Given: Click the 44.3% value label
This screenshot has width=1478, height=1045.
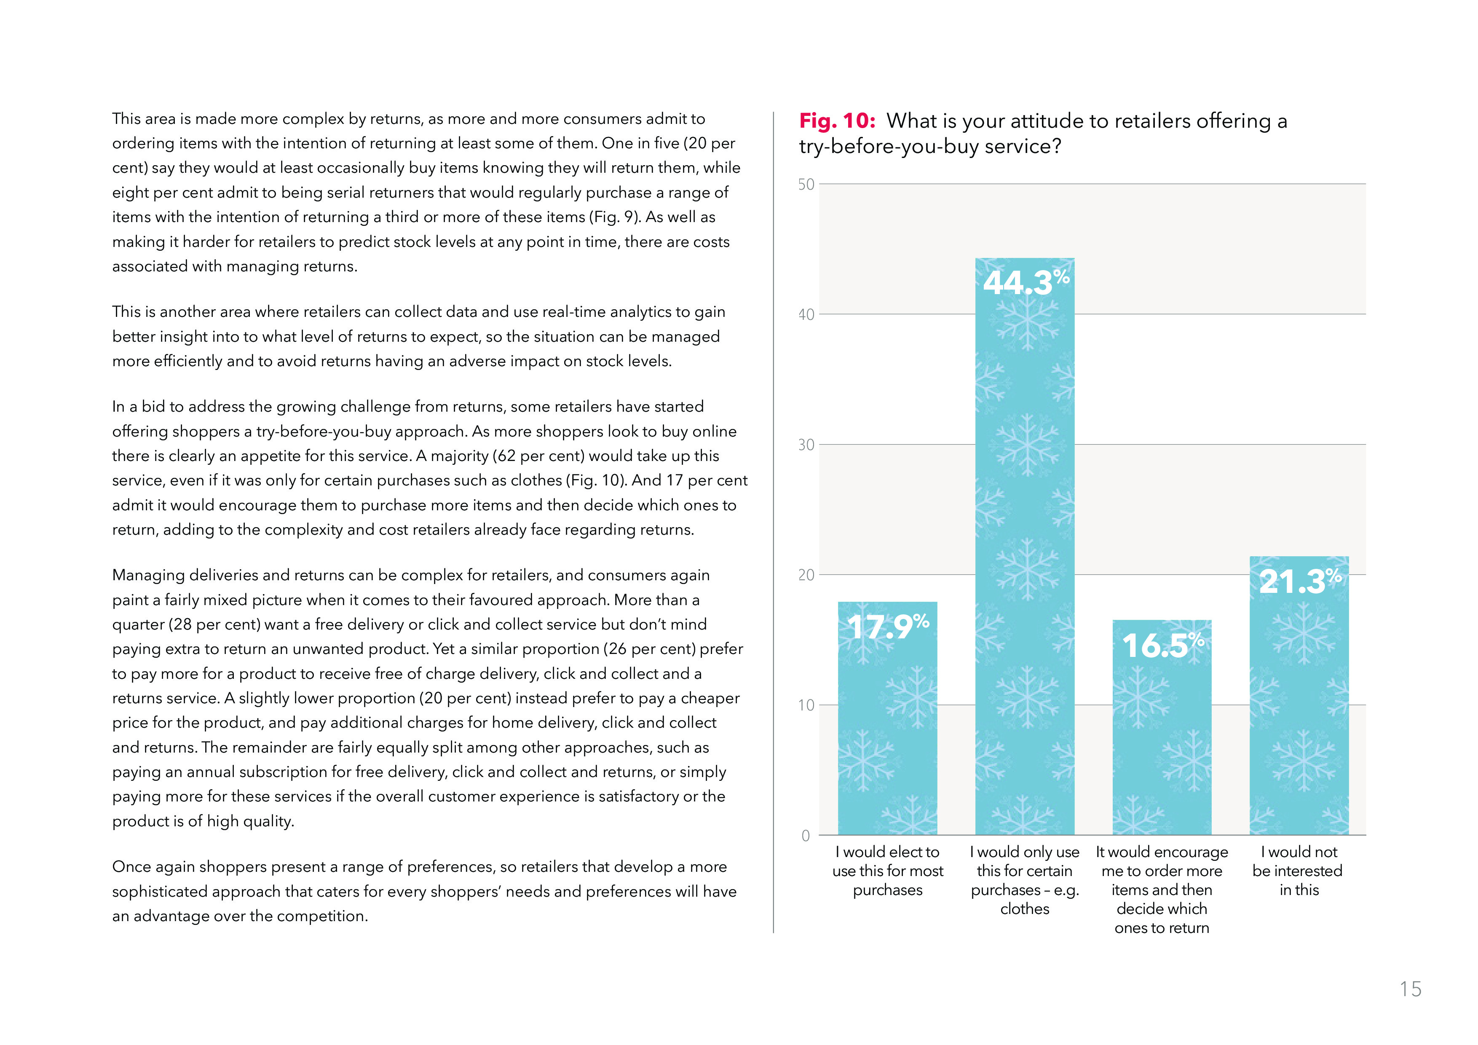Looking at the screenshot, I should coord(1025,282).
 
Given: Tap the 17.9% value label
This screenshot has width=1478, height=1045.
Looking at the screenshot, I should coord(888,626).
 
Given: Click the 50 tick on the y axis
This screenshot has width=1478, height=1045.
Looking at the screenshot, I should coord(806,185).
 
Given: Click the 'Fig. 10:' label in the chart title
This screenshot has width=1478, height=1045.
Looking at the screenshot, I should coord(837,121).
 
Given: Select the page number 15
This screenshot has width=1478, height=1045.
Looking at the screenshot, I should coord(1410,989).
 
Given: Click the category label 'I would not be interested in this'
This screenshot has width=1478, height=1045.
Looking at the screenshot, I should coord(1298,871).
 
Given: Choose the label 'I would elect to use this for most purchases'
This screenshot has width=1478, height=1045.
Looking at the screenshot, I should coord(888,871).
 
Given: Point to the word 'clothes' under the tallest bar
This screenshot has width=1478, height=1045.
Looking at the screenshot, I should coord(1025,908).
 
